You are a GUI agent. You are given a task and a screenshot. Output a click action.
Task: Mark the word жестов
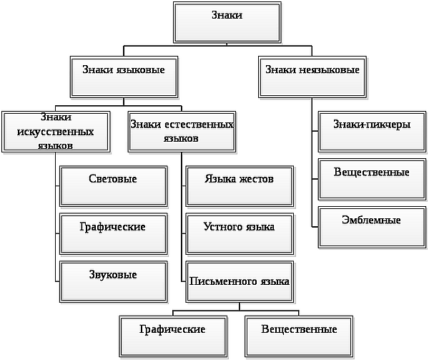[256, 179]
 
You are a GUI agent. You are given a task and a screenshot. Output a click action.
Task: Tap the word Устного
[222, 227]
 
